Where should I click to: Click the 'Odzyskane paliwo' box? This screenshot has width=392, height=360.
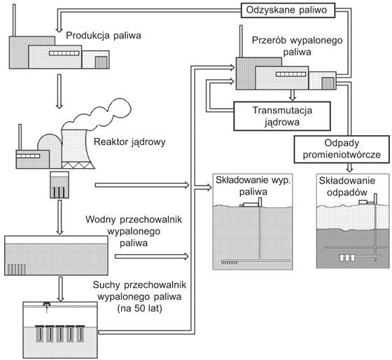pos(288,11)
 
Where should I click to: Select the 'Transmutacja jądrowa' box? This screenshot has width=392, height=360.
pos(282,116)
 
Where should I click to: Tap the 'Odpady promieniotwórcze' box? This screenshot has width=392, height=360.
pos(342,149)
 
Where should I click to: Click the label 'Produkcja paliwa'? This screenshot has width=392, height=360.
pos(104,36)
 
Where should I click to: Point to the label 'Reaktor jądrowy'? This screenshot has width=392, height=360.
pos(129,142)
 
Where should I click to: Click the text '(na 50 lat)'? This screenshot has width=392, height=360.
pos(140,308)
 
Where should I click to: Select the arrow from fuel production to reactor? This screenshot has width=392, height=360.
pos(59,91)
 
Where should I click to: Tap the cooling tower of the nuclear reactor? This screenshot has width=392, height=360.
pos(76,149)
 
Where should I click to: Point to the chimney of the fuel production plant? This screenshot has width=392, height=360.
pos(14,20)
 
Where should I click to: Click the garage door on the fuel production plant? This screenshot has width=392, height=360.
pos(101,62)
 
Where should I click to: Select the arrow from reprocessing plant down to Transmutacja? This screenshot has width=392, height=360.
pos(293,95)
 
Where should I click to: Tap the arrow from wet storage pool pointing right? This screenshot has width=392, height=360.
pos(151,256)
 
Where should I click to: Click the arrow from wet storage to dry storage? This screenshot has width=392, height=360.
pos(60,289)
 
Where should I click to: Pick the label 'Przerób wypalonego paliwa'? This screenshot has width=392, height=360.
pos(297,46)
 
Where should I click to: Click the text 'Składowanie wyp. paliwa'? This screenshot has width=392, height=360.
pos(253,186)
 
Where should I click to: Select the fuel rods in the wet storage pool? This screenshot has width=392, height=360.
pos(15,269)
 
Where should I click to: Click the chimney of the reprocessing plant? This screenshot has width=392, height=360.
pos(241,41)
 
